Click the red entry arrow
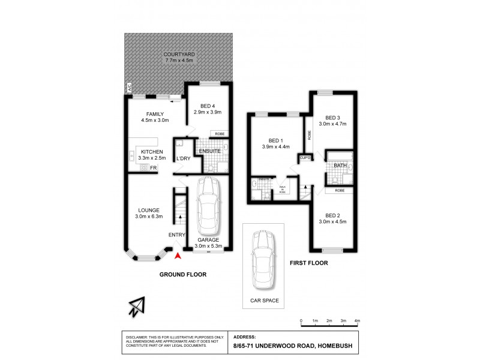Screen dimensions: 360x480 click(177, 257)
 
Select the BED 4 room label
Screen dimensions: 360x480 click(207, 106)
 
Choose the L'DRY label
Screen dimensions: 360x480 click(183, 158)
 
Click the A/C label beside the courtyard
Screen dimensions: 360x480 click(128, 88)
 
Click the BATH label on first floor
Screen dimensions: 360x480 click(340, 166)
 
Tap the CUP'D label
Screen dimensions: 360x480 click(305, 158)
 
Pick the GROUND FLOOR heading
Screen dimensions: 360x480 click(182, 274)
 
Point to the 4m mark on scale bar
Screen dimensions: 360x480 click(358, 322)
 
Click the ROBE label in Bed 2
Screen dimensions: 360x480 click(340, 190)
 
